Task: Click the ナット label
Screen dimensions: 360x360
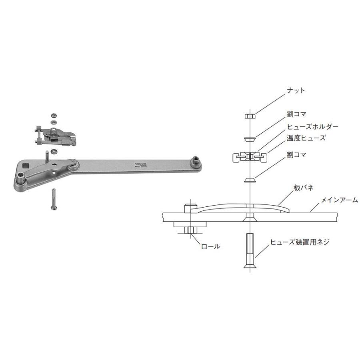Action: pyautogui.click(x=296, y=90)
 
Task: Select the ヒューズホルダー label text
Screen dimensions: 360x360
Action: pyautogui.click(x=312, y=126)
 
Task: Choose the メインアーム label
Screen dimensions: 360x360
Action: pyautogui.click(x=338, y=200)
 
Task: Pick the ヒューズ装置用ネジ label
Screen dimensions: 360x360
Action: pyautogui.click(x=300, y=242)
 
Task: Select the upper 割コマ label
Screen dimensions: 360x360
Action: pyautogui.click(x=296, y=114)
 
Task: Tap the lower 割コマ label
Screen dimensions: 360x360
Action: pyautogui.click(x=296, y=154)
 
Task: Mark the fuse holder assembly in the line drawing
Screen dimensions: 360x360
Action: pyautogui.click(x=249, y=157)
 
